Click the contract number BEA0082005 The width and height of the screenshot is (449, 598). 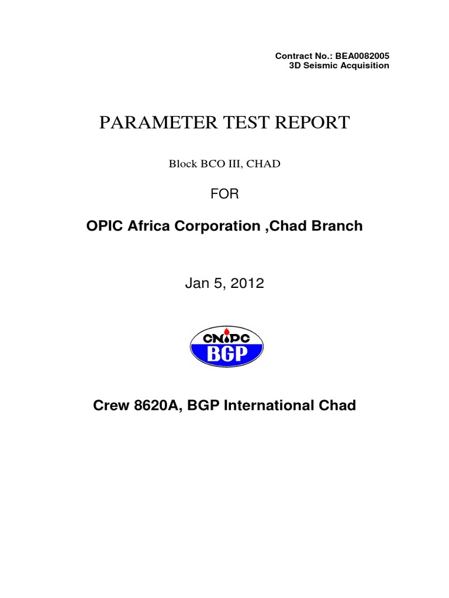(x=362, y=56)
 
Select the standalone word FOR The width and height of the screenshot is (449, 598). (x=224, y=194)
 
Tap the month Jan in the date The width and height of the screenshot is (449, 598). (x=196, y=284)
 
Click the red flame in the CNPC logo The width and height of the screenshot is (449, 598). (x=226, y=337)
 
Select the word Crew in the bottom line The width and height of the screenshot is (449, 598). (x=110, y=405)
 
